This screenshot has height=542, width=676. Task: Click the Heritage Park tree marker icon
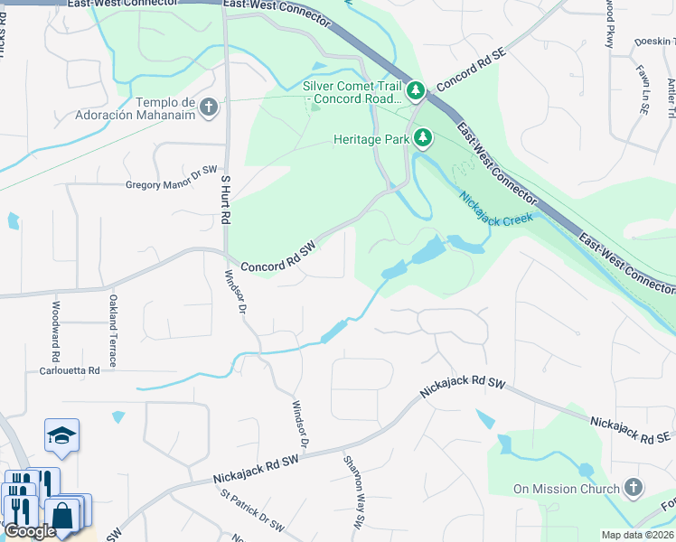coord(423,138)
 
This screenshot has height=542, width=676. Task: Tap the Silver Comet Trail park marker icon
coord(415,90)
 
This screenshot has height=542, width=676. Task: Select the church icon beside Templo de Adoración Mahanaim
coord(209,108)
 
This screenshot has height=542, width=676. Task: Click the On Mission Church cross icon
coord(634,489)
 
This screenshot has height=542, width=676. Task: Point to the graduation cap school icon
coord(61,435)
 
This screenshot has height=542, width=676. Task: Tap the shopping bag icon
coord(63,517)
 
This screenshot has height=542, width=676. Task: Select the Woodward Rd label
coord(55,326)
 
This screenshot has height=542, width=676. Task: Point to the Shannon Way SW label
coord(353,491)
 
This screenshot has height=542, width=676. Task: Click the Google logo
coord(31,531)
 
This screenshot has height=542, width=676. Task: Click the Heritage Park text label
coord(371,139)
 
